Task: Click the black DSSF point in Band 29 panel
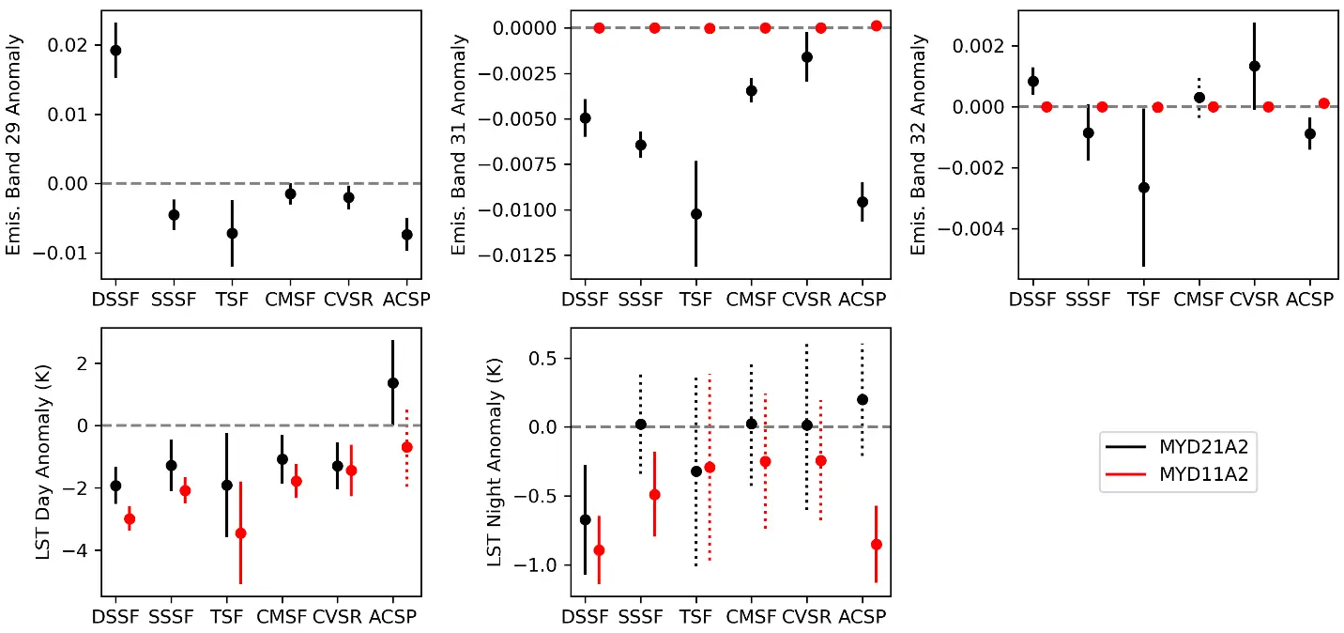[x=115, y=50]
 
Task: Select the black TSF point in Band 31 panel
[x=695, y=214]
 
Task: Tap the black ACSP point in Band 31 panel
[x=862, y=202]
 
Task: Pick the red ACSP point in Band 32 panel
[x=1323, y=103]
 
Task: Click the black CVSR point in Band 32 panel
[x=1254, y=66]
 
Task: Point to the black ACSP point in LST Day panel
[x=392, y=383]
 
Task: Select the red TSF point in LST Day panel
[x=240, y=533]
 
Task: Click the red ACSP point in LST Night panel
[x=876, y=545]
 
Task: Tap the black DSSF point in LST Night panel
[x=585, y=519]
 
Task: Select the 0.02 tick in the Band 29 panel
[x=78, y=45]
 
